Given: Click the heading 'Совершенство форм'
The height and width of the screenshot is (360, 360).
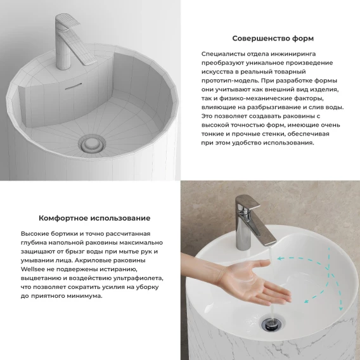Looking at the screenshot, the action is pos(273,38).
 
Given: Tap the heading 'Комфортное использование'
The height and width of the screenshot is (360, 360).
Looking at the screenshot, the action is pos(94,218).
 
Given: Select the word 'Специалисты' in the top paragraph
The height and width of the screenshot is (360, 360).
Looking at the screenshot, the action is pos(223,54).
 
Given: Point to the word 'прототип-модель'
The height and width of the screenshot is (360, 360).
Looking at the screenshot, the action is pos(230,81).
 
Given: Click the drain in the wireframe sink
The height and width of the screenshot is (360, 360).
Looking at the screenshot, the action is pos(92,145).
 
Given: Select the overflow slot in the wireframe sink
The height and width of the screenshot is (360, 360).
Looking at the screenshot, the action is pos(74,86).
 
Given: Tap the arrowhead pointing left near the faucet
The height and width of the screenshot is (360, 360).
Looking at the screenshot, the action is pos(280,259).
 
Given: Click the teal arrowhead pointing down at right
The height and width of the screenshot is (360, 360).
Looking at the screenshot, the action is pos(341,308).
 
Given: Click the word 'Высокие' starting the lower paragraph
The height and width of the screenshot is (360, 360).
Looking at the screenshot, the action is pos(35,234).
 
